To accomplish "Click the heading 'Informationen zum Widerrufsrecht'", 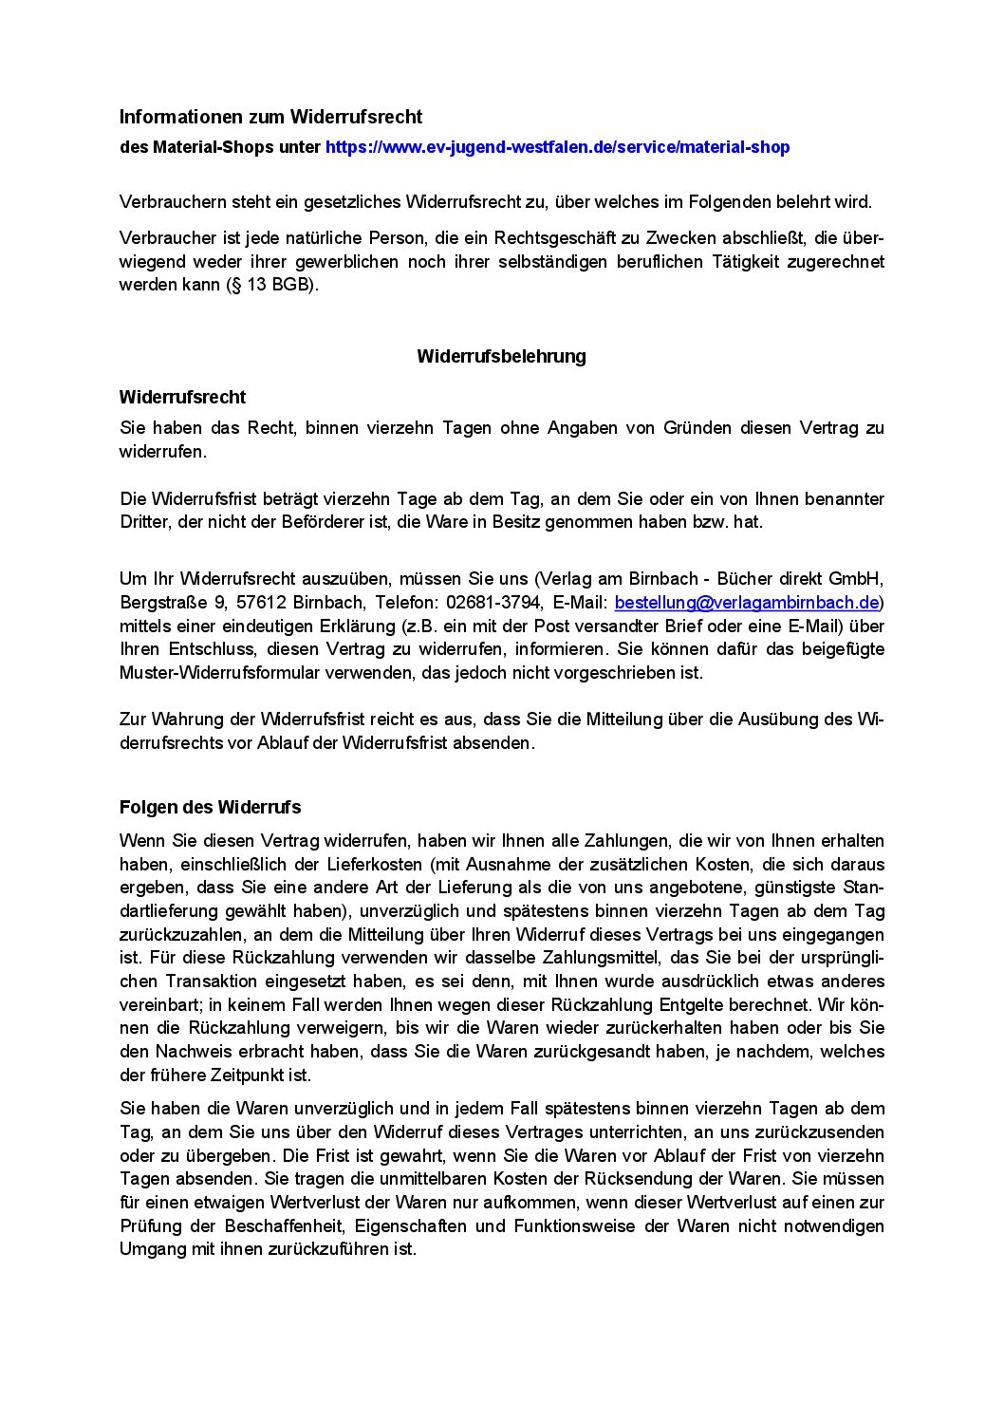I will click(x=270, y=117).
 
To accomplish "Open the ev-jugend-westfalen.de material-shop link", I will click(x=557, y=147).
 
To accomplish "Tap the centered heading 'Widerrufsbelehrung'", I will click(x=501, y=356).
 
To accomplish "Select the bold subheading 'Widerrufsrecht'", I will click(x=182, y=397).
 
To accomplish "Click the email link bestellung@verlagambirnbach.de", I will click(x=746, y=602).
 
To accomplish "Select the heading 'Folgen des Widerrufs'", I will click(x=210, y=807).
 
